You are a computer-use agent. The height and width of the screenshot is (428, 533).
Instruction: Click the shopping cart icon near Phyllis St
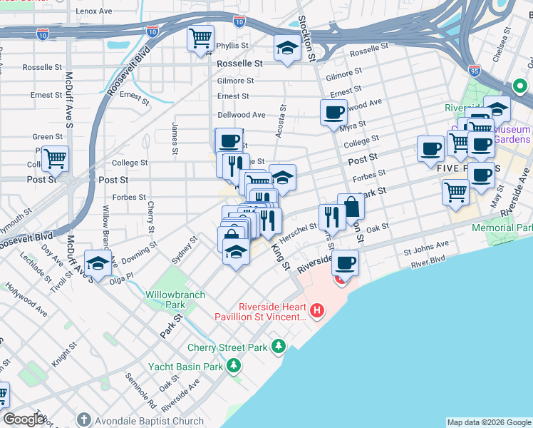coord(201,39)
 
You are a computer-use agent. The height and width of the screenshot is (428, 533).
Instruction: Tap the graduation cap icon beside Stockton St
coord(287,48)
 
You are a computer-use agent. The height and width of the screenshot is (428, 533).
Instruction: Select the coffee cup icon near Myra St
coord(333,112)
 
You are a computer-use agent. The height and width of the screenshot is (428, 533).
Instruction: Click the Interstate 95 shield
coord(475,70)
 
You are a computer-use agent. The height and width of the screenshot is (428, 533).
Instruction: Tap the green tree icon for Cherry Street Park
coord(279,347)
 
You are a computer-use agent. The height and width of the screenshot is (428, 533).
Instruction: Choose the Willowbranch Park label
coord(175,300)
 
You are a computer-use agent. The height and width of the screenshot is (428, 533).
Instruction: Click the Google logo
coord(24,419)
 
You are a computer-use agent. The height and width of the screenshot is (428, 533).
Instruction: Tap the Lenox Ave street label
coord(94,12)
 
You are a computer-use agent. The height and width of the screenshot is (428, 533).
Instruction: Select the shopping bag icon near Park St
coord(351,206)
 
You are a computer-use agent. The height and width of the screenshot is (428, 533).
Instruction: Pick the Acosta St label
coord(282,120)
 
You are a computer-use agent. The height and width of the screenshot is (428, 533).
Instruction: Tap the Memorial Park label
coord(502,228)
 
